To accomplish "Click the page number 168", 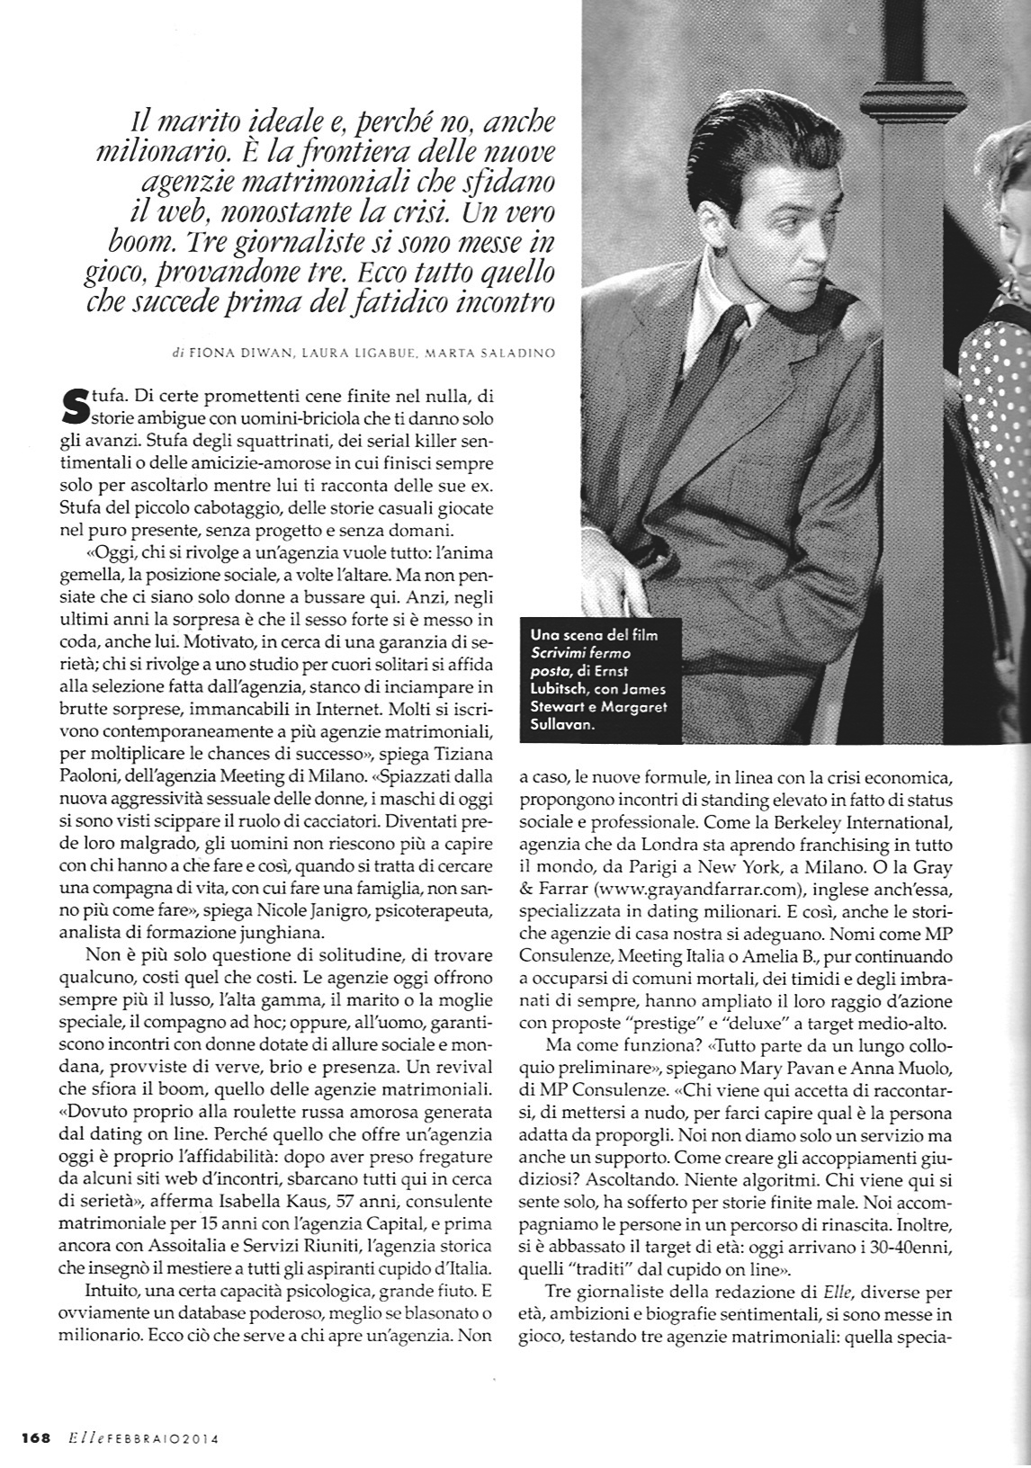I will click(35, 1437).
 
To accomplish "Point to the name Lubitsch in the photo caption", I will click(565, 689).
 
